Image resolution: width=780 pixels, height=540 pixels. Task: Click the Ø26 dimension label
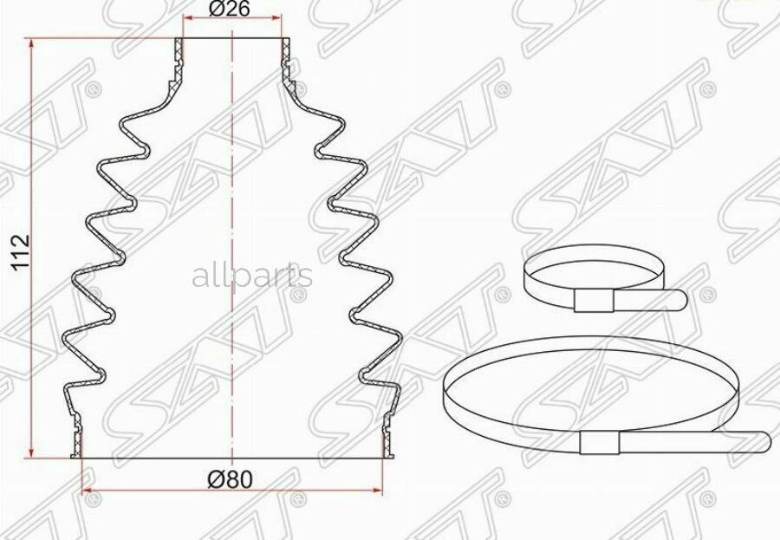coord(230,9)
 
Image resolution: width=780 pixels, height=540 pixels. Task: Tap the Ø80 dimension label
coord(231,480)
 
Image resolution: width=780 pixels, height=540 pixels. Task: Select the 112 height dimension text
coord(22,253)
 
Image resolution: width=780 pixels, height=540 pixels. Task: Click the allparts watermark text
coord(252,276)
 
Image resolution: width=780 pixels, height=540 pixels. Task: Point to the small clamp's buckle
coord(594,301)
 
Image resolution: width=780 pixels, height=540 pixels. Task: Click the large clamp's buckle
coord(600,443)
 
